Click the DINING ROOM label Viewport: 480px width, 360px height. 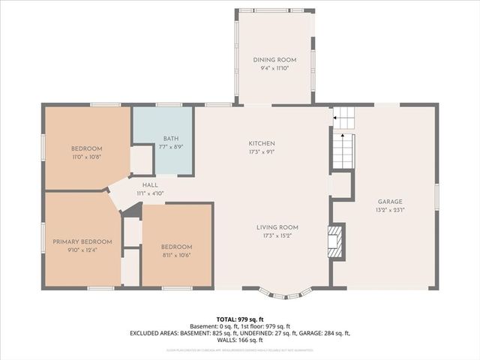coord(274,60)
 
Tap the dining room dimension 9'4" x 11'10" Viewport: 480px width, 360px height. coord(274,68)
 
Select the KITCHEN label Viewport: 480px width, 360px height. coord(262,143)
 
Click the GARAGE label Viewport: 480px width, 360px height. coord(390,202)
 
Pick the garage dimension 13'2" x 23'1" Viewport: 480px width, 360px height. coord(390,210)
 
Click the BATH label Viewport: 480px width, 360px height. coord(171,139)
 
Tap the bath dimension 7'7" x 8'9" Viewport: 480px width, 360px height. coord(171,147)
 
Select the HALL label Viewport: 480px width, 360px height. coord(150,184)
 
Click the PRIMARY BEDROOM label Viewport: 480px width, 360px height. coord(82,241)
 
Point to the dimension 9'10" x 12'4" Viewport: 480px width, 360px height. coord(82,250)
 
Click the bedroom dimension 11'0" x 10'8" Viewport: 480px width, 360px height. coord(86,157)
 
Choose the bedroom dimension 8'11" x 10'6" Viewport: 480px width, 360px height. coord(176,255)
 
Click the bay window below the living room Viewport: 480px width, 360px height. coord(283,292)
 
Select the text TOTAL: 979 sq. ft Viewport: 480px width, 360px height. coord(239,319)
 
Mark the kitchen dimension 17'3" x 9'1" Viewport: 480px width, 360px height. coord(262,151)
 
